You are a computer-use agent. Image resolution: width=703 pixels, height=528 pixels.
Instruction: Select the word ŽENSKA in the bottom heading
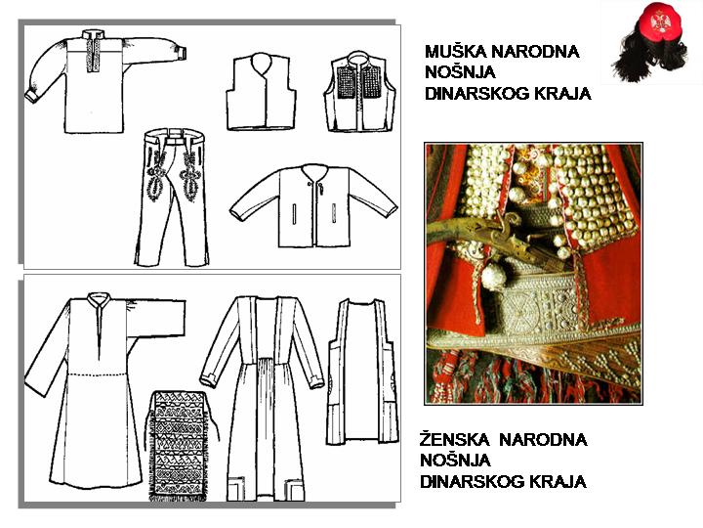tap(454, 439)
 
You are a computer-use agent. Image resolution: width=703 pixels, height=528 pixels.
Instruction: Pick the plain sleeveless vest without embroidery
tap(261, 92)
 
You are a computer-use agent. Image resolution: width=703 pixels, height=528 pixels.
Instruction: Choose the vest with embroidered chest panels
tap(360, 92)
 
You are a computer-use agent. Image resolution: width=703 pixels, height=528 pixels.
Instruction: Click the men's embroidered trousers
tap(172, 198)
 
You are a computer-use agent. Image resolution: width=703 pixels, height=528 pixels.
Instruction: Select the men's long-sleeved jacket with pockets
tap(313, 205)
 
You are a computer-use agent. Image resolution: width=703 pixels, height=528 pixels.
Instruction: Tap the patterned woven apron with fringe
tap(179, 446)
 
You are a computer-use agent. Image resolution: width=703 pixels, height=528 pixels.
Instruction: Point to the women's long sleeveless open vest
tap(362, 372)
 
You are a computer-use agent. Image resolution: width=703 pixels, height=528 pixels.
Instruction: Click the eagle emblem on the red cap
tap(659, 22)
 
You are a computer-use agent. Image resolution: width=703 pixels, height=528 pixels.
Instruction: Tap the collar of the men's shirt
tap(94, 35)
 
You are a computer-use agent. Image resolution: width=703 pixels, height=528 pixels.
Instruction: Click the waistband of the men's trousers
tap(175, 134)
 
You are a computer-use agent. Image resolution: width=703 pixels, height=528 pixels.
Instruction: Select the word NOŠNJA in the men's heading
tap(460, 72)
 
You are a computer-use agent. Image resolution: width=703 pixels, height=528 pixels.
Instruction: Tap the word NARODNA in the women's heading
tap(543, 439)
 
